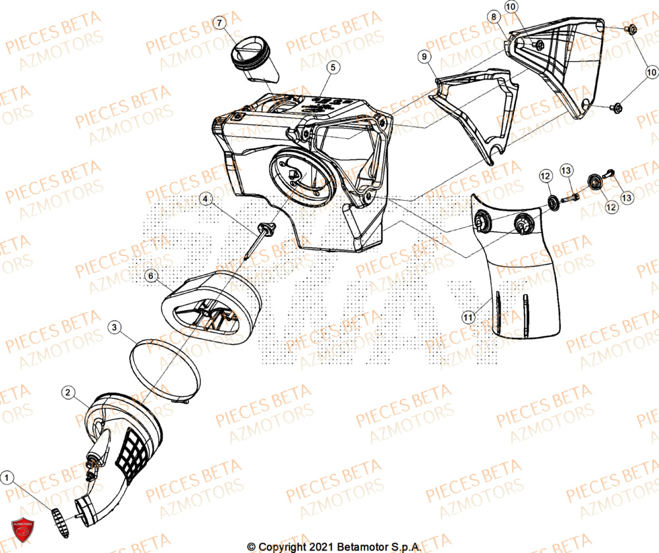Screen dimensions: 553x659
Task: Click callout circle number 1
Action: pos(7,477)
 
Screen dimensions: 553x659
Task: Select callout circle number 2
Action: pos(67,392)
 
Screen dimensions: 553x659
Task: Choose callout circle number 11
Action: pos(468,317)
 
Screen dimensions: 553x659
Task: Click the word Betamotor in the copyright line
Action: pos(360,546)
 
